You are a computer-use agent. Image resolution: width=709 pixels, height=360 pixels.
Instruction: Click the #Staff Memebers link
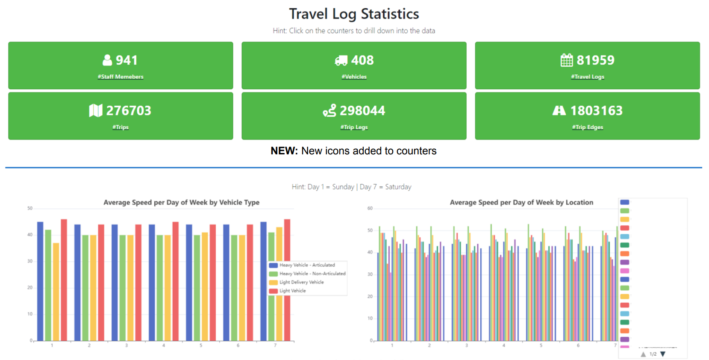[121, 77]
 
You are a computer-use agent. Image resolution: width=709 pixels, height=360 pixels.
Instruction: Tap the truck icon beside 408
[341, 61]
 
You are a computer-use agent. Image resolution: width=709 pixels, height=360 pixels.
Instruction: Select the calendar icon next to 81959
[567, 60]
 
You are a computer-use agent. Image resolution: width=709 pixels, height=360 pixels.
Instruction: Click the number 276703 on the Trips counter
[129, 111]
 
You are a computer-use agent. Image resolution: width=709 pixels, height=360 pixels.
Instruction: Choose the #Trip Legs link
[354, 127]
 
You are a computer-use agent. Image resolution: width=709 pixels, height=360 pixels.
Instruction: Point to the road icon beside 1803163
[559, 111]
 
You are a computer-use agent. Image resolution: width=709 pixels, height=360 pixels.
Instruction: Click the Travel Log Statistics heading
[354, 14]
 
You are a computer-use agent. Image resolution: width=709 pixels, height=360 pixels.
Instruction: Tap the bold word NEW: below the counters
[284, 151]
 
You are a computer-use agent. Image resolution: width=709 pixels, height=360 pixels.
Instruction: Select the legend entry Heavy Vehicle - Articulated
[307, 265]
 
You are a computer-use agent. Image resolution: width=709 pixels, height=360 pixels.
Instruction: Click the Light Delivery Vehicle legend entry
[301, 282]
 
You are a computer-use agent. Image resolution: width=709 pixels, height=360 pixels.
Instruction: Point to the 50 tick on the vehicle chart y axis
[30, 208]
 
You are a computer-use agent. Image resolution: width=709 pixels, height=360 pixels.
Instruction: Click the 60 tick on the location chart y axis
[370, 208]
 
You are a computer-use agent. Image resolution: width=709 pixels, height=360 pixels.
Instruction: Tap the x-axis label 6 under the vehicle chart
[238, 345]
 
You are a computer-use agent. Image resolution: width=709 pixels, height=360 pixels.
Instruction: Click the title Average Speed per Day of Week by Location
[521, 203]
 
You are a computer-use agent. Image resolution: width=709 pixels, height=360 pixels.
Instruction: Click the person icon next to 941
[107, 60]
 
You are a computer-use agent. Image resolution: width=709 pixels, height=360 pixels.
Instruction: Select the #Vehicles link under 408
[354, 77]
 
